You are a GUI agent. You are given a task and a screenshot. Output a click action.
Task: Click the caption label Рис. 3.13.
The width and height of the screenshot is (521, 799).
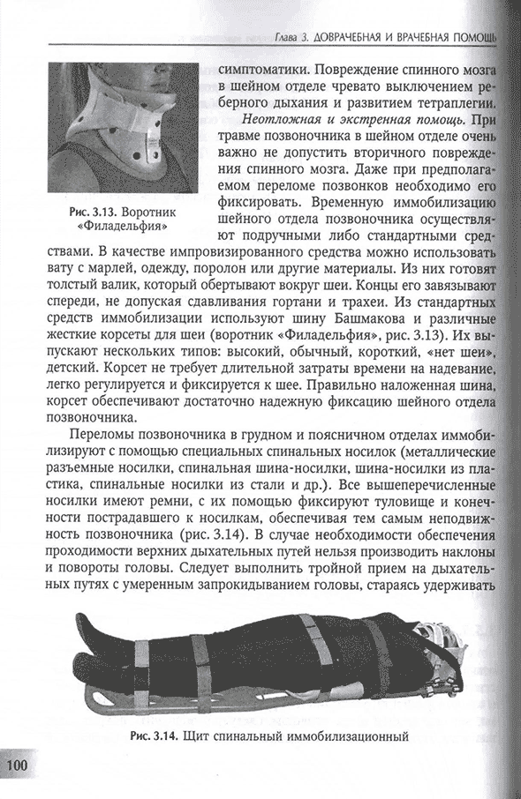[92, 213]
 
